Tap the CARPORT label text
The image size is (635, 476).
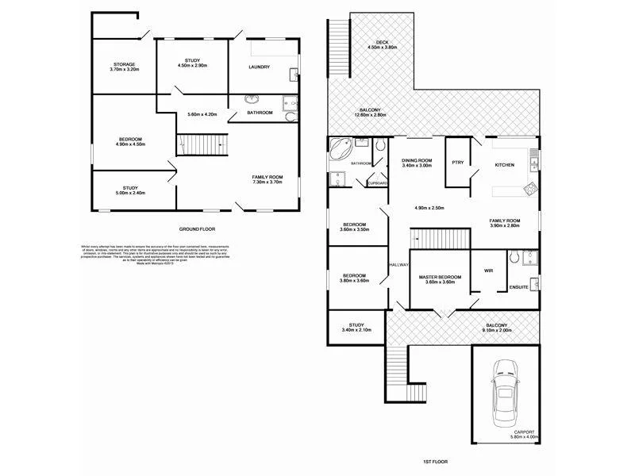click(x=524, y=432)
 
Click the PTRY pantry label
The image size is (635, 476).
click(x=456, y=163)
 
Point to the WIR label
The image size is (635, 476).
click(x=488, y=271)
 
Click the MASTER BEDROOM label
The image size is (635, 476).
click(x=440, y=276)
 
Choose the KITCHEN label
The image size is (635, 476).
click(x=505, y=165)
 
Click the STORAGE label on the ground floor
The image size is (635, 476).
click(x=123, y=64)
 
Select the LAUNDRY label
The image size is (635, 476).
click(x=259, y=67)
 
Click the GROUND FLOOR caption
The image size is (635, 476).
click(x=196, y=228)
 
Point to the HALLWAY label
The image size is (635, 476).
click(x=398, y=265)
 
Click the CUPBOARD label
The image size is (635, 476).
click(x=377, y=183)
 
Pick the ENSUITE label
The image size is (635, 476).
click(x=519, y=286)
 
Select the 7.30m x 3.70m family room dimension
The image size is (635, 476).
click(x=267, y=182)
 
